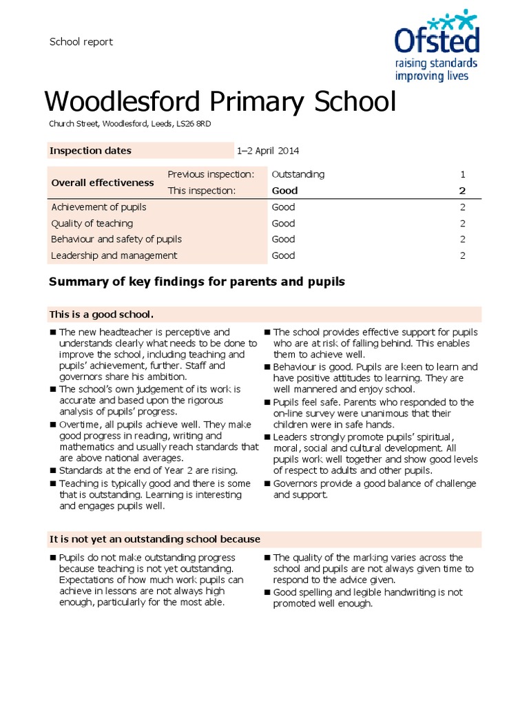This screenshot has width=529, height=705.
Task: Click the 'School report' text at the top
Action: (x=81, y=42)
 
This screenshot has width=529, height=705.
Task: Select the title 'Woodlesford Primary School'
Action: (x=220, y=103)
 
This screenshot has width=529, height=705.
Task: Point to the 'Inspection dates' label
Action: (x=90, y=151)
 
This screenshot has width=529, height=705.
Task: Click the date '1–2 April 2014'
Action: (x=268, y=151)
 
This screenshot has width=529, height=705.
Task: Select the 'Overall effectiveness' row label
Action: (x=103, y=182)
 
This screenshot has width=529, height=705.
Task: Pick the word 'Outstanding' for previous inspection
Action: (x=298, y=174)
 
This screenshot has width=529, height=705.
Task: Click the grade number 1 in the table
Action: (x=463, y=174)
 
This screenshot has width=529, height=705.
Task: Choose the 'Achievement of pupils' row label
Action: (x=98, y=207)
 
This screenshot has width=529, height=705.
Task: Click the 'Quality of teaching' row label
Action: (x=92, y=223)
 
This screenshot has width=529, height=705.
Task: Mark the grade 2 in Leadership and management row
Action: (x=463, y=255)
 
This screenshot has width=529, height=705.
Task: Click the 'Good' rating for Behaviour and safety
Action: (x=283, y=239)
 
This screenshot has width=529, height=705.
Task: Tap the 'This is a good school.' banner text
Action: (x=101, y=315)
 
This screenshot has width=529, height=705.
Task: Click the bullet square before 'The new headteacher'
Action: (x=52, y=333)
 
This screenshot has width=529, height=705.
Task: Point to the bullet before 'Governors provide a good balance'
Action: (x=267, y=484)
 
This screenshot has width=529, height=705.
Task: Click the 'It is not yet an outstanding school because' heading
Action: (x=154, y=539)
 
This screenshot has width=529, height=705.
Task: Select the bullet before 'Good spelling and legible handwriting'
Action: (x=267, y=593)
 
